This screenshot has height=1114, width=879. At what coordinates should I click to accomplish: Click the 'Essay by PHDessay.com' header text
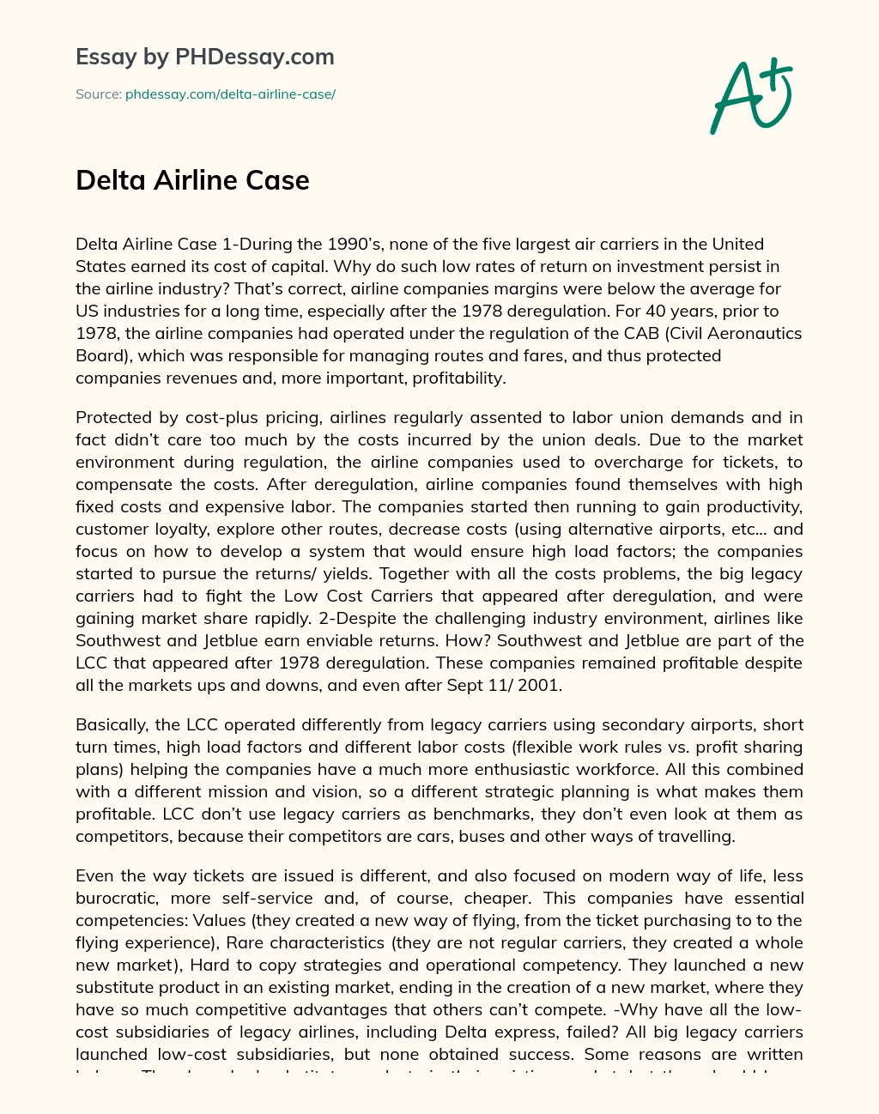pos(204,58)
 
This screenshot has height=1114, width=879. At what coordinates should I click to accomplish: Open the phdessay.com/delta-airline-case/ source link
pos(230,94)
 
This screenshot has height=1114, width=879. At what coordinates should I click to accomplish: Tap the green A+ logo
pos(751,96)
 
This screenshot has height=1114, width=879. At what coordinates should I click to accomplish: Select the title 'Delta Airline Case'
pos(192,180)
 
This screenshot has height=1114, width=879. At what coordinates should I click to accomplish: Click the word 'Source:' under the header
pos(99,94)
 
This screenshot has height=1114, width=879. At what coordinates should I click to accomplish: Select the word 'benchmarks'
pos(469,814)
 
